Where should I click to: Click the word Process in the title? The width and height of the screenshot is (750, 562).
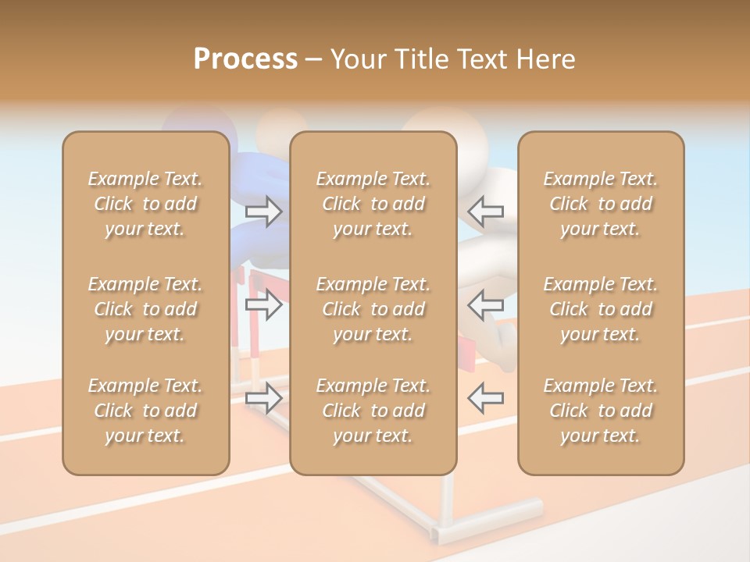coord(245,59)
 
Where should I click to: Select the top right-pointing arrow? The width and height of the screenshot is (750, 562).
coord(263,211)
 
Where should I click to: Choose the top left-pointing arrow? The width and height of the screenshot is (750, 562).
coord(486,211)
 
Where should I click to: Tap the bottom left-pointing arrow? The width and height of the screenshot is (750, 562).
coord(486,397)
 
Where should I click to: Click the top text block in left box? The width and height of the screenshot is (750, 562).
coord(145,204)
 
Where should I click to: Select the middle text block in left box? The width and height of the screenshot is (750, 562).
coord(145,309)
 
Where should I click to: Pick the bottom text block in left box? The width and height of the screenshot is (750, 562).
coord(145,411)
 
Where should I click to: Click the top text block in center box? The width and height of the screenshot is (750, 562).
coord(373,204)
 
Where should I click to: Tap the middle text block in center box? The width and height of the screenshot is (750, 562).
coord(373,309)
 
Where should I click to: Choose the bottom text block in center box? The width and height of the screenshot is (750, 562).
coord(373,411)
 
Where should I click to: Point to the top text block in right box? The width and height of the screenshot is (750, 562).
coord(600,204)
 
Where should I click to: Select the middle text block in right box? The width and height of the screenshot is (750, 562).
coord(600,309)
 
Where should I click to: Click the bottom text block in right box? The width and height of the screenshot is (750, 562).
coord(600,411)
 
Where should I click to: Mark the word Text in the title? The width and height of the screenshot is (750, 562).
coord(484,59)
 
